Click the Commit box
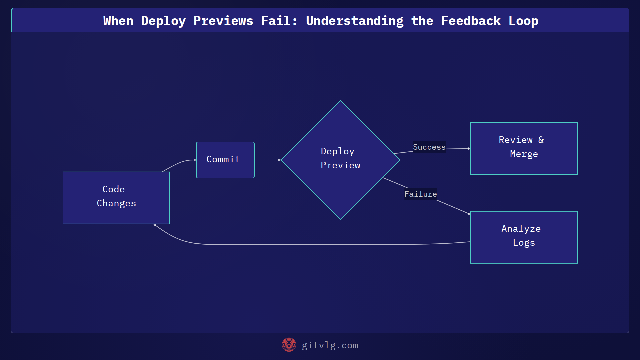click(225, 160)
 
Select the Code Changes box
click(116, 198)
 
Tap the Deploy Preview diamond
click(340, 160)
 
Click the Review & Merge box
click(524, 149)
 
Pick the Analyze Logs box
click(524, 237)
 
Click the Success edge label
click(429, 147)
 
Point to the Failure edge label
click(420, 194)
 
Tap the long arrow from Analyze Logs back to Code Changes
click(300, 245)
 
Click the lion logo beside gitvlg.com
click(289, 345)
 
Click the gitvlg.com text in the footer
click(330, 345)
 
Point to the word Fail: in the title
click(279, 21)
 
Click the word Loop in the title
click(523, 21)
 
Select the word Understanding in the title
click(354, 21)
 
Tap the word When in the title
click(118, 21)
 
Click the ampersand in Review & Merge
click(541, 140)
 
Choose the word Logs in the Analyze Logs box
click(524, 243)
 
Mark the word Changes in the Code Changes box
click(116, 203)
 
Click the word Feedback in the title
click(471, 21)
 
